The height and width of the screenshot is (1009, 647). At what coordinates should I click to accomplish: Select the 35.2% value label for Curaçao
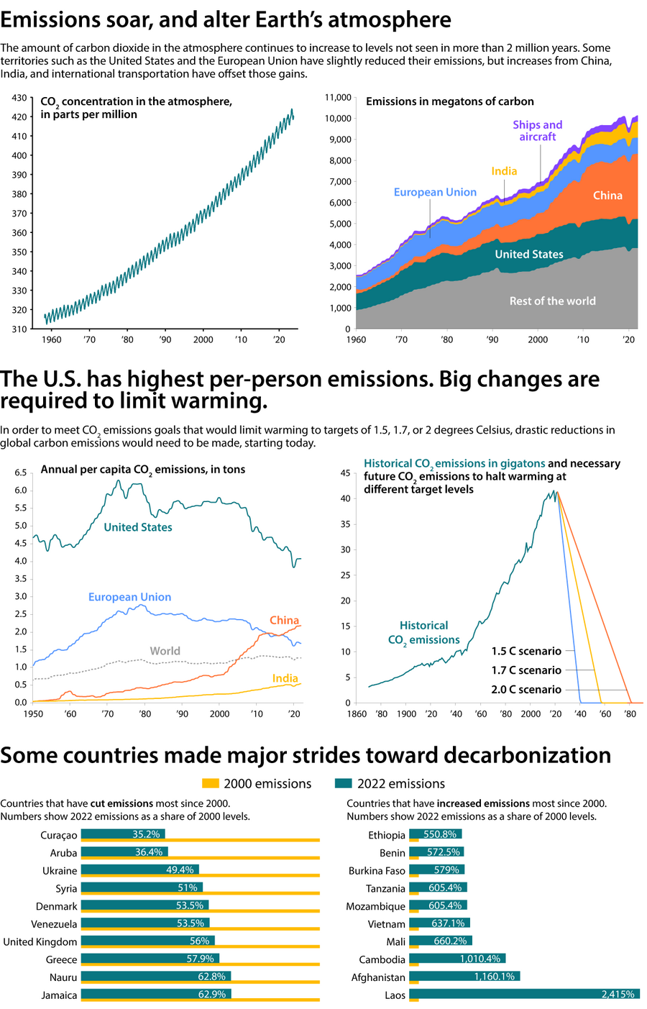click(x=146, y=834)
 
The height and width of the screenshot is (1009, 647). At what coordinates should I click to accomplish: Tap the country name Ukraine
click(x=60, y=871)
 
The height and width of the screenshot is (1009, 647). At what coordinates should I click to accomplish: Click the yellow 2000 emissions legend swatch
click(x=210, y=783)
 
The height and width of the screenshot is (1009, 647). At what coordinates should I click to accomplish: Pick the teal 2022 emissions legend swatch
click(x=344, y=783)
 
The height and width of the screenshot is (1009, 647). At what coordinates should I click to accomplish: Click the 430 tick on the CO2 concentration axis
click(x=19, y=98)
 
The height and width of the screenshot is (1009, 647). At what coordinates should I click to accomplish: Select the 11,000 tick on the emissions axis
click(x=338, y=98)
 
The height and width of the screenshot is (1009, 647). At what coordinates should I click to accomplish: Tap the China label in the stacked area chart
click(x=607, y=196)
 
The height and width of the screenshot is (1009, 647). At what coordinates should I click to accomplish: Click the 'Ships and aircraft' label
click(x=537, y=131)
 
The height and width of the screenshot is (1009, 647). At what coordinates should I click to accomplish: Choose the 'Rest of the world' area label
click(x=552, y=301)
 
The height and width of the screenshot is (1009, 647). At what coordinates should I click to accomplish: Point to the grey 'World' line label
click(x=165, y=651)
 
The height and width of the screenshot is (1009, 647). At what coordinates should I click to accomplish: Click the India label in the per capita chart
click(x=285, y=678)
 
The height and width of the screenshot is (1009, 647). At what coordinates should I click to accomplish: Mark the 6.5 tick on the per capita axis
click(x=20, y=472)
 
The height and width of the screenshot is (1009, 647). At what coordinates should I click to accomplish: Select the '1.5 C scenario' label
click(x=526, y=652)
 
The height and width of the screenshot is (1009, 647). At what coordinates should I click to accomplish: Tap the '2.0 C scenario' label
click(x=526, y=690)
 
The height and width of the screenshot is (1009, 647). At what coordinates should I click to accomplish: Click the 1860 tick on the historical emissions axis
click(x=356, y=714)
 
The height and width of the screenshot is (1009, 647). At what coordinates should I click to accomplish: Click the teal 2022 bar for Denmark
click(x=144, y=905)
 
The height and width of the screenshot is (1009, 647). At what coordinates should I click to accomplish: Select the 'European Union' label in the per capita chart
click(x=129, y=597)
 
